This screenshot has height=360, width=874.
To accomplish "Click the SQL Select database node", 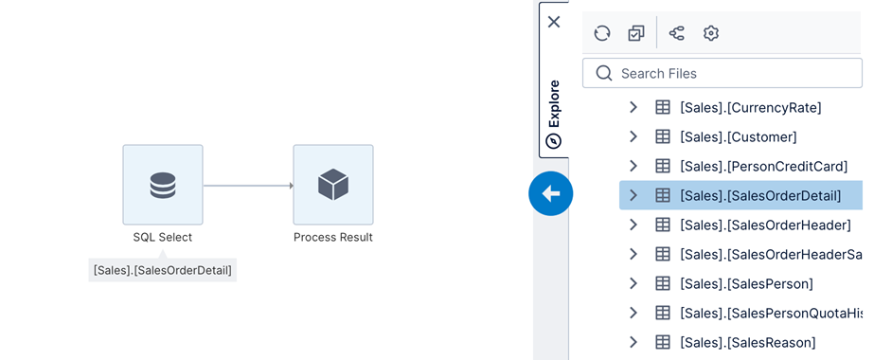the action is click(162, 185).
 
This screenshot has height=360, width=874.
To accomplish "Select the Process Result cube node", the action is click(332, 185).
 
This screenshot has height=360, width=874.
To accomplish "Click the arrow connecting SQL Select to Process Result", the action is click(248, 186).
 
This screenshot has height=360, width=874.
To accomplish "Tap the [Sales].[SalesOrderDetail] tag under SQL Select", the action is click(162, 270).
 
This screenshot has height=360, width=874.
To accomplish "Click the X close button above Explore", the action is click(554, 22).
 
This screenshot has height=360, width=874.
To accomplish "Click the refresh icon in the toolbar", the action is click(602, 33).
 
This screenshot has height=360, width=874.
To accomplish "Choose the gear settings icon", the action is click(711, 33).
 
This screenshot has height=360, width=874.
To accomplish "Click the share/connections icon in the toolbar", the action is click(677, 33).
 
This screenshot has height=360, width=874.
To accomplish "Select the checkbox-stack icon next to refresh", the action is click(636, 33).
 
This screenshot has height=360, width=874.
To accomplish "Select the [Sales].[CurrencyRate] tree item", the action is click(750, 107).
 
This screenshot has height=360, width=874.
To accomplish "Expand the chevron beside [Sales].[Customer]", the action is click(633, 136).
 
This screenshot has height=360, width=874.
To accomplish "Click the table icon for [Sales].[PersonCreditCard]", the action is click(663, 166).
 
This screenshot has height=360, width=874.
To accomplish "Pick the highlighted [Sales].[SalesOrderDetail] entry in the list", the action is click(759, 196).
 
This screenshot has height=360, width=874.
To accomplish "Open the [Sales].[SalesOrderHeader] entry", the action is click(764, 225).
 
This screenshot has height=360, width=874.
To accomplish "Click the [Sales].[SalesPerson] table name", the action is click(746, 283).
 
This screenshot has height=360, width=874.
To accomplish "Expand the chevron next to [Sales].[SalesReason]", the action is click(633, 342).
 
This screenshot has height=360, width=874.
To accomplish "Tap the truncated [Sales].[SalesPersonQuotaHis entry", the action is click(770, 313).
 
